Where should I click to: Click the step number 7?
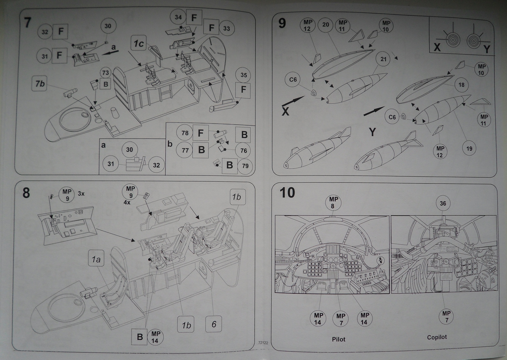point(28,22)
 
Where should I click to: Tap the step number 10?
point(287,193)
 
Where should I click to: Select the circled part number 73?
point(105,73)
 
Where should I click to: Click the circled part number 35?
point(243,75)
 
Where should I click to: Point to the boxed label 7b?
point(40,84)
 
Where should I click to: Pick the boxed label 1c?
point(138,44)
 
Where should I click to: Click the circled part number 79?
point(245,166)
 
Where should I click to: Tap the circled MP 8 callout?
point(333,202)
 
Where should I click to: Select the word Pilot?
point(338,339)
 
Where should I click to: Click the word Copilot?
point(437,337)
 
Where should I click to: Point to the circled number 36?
point(443,204)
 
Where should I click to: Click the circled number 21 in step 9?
point(383,59)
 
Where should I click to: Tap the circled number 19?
point(469,148)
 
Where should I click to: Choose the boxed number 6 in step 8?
point(214,324)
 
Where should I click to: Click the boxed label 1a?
point(96,260)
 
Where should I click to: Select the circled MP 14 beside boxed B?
point(155,337)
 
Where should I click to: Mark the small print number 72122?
point(263,343)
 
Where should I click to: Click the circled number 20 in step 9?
point(326,25)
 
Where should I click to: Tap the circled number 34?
point(178,17)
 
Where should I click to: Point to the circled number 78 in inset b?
point(185,133)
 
